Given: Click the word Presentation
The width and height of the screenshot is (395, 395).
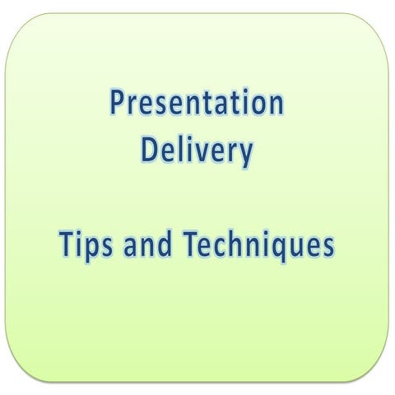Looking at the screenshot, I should point(197,105).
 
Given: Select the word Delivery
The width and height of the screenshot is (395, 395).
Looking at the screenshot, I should point(197,152).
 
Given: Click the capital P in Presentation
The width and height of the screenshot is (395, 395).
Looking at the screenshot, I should point(118,105).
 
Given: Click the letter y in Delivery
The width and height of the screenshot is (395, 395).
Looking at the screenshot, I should point(244,156).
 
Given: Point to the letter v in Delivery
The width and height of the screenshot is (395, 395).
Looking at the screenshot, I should point(203,154).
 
